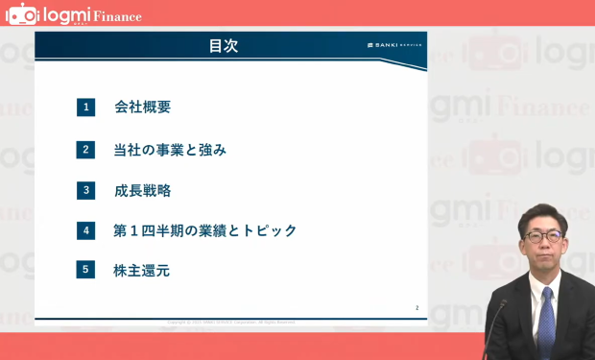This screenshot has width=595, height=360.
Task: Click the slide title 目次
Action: (223, 45)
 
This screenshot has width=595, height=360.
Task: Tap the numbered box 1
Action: (86, 108)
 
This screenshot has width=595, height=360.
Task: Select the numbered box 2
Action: (86, 149)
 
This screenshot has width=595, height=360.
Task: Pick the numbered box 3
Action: (86, 190)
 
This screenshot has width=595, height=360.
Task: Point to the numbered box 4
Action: (86, 230)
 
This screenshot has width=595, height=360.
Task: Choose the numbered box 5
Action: (86, 270)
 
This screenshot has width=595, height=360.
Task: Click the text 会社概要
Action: (142, 108)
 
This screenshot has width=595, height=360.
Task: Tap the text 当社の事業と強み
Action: (170, 149)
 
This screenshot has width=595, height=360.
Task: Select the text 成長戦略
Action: (142, 190)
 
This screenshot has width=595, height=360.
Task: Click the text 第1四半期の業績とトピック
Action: (204, 230)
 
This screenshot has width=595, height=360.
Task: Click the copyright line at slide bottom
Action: (230, 322)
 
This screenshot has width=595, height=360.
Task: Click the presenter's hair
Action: (542, 213)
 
